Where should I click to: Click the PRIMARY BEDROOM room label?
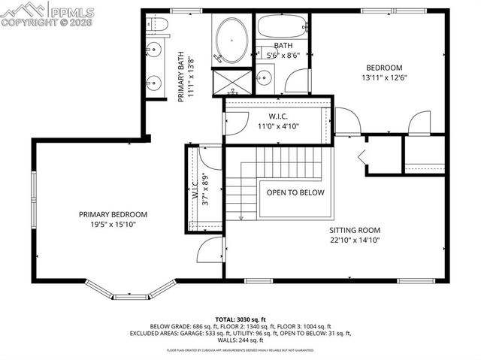(x=113, y=214)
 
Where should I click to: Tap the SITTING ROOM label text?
(x=354, y=231)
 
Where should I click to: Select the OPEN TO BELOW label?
(x=295, y=192)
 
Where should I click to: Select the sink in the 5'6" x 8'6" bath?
(x=265, y=77)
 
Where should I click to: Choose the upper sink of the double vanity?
(x=154, y=50)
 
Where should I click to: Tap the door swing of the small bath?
(x=298, y=80)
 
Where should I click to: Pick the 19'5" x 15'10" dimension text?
(x=113, y=225)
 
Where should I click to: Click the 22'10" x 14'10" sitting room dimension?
(x=354, y=241)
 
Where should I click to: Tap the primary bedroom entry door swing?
(x=210, y=251)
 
